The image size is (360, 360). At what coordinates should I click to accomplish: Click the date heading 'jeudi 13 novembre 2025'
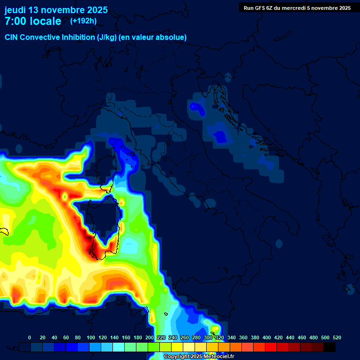56,10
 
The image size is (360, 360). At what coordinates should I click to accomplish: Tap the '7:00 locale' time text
33,21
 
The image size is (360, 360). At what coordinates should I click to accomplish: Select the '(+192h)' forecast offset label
83,21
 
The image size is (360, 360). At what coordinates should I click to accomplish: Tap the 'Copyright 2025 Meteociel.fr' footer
199,357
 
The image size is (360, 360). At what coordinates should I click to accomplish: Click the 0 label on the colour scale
30,338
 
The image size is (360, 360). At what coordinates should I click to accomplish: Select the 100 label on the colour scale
90,338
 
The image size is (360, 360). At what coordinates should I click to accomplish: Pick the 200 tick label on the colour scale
150,338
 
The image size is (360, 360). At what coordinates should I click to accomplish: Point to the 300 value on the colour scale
208,338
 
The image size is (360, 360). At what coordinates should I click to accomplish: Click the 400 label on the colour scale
267,338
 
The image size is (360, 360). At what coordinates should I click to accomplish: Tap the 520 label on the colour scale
337,338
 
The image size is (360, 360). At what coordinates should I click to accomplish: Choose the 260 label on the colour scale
185,338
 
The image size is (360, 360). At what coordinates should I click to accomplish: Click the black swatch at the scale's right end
330,347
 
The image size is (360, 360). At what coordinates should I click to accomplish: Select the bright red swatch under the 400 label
270,347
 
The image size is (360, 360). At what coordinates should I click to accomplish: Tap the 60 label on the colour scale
66,338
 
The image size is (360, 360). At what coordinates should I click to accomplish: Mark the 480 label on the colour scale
314,338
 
